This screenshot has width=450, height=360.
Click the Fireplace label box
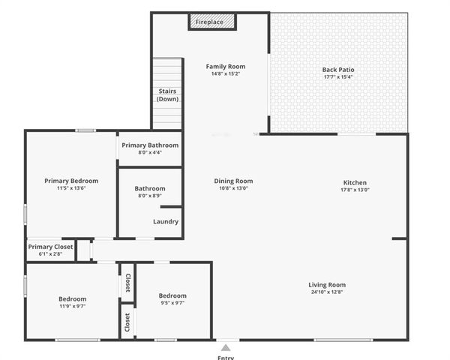point(211,22)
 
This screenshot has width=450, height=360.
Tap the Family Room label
point(226,67)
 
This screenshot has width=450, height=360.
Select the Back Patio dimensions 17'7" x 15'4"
point(337,76)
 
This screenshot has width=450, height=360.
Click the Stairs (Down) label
point(168,95)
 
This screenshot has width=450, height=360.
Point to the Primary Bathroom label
point(150,145)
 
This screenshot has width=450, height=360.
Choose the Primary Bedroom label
point(71,181)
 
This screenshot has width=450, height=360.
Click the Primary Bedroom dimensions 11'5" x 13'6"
point(71,188)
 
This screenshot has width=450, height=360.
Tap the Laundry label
point(165,221)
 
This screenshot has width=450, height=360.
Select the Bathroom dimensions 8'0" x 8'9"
point(150,196)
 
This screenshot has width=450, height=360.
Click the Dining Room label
point(234,181)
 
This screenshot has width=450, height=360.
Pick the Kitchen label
point(355,183)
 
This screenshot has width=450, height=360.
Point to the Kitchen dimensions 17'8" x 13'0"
point(355,190)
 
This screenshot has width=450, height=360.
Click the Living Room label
point(327,285)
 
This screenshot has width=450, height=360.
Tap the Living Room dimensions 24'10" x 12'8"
point(327,292)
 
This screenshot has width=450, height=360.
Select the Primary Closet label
point(50,247)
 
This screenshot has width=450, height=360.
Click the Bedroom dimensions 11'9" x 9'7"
point(73,306)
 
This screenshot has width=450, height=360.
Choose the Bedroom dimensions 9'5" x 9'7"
point(172,303)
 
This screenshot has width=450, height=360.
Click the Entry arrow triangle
point(226,347)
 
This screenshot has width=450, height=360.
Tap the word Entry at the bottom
point(226,357)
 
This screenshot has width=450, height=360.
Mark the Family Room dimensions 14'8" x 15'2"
point(226,74)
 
